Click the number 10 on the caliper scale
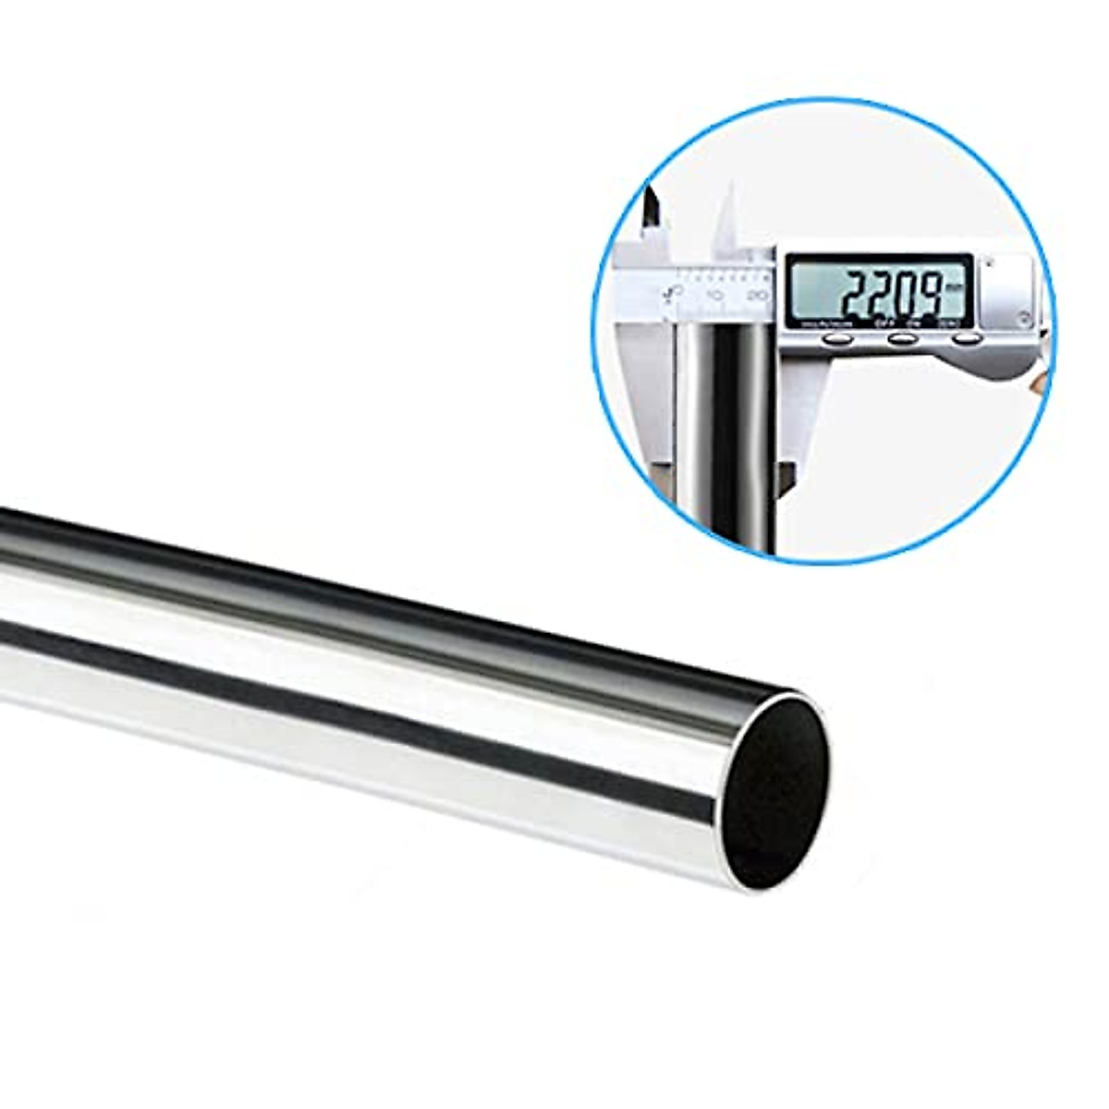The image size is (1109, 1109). pos(714,295)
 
